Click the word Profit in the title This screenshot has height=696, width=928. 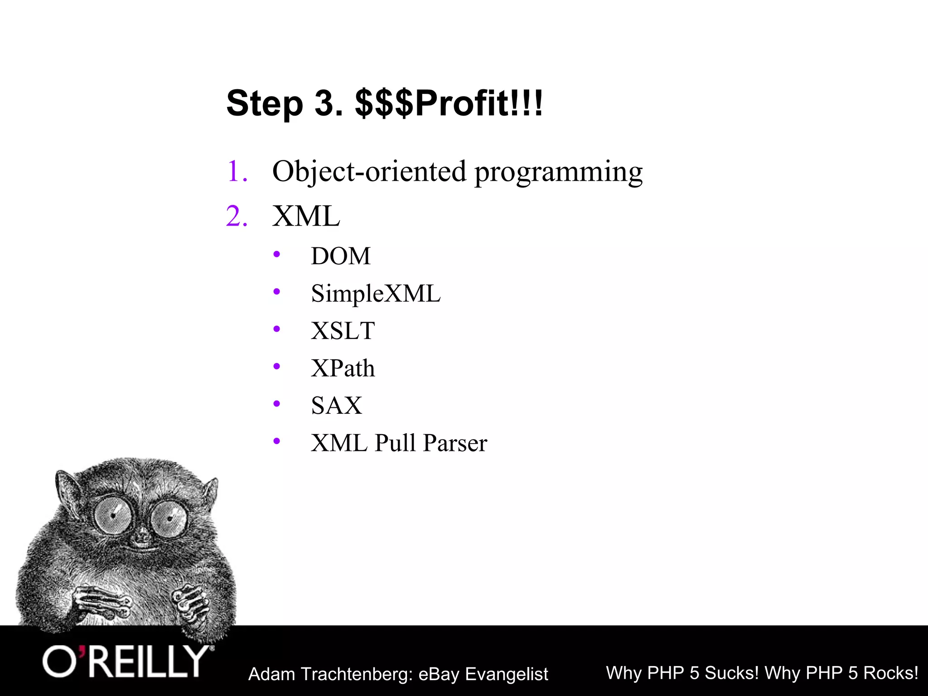(x=462, y=104)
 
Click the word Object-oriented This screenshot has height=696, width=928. (x=369, y=172)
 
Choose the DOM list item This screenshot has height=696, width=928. (x=341, y=256)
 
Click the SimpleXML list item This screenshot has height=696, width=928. (x=376, y=294)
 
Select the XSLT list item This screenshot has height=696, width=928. (x=343, y=331)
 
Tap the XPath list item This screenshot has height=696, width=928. (x=343, y=368)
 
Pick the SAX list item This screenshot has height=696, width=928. (x=337, y=406)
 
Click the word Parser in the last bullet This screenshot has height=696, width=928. (x=455, y=443)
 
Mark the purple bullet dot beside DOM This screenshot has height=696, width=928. (x=277, y=255)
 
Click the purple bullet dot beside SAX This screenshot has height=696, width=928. (x=277, y=404)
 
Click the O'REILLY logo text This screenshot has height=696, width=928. (x=126, y=662)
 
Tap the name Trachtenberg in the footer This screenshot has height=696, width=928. (x=357, y=674)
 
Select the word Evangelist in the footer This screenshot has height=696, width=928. (x=507, y=674)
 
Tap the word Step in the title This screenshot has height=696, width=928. (x=265, y=104)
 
